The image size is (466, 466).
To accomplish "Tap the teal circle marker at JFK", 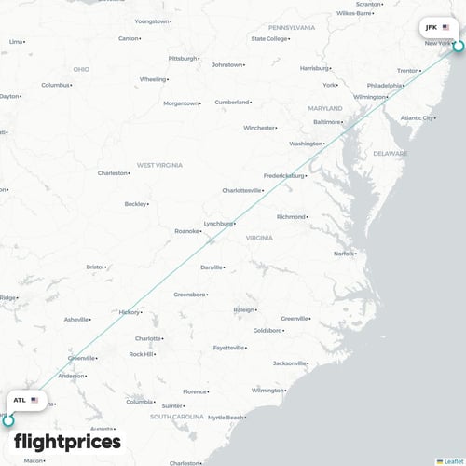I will coord(458,45).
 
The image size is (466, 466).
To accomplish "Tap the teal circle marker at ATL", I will coord(8,420).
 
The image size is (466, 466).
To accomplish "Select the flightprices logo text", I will coord(67,441).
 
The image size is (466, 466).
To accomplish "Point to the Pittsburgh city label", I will coord(183,58).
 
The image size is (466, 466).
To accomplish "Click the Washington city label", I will coord(306,144).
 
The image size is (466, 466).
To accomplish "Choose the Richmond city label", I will coord(290,217).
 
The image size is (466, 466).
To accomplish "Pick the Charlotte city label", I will coord(147,338).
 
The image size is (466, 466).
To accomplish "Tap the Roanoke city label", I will coord(186,231).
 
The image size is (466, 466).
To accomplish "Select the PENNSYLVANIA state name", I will coord(292,28).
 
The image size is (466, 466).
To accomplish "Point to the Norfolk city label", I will coord(344,254).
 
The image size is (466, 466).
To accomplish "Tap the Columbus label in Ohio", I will coord(55,85).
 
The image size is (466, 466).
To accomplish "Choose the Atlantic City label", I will coord(416,118).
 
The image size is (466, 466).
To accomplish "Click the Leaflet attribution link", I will coord(452,460).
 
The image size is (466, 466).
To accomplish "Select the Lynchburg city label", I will coord(217,224).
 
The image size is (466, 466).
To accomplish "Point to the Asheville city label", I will coord(75,320).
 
